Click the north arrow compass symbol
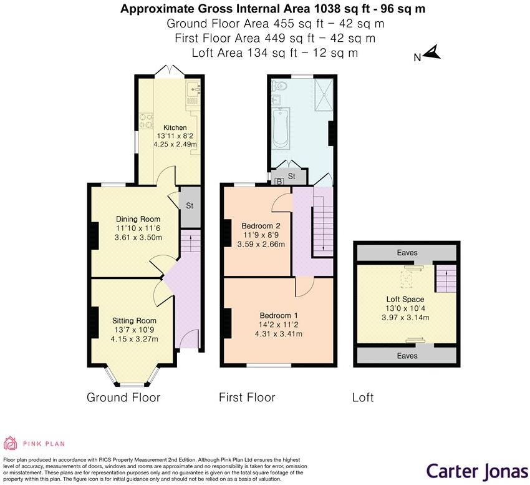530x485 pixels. [431, 54]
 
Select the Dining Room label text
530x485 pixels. [138, 219]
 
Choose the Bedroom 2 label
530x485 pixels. [261, 225]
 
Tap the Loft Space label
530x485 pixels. [405, 300]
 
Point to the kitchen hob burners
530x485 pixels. [147, 119]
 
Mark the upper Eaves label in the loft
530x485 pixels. [405, 253]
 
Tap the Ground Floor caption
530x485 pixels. [123, 398]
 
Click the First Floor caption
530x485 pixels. [247, 398]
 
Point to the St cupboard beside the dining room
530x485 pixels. [188, 205]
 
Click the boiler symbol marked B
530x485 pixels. [279, 181]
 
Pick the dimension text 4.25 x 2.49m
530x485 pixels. [175, 144]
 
